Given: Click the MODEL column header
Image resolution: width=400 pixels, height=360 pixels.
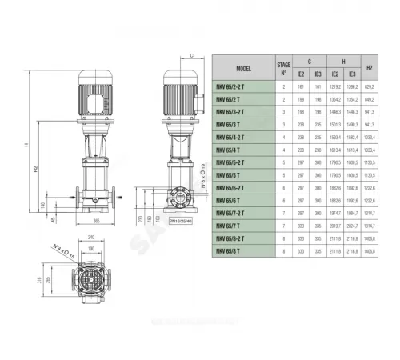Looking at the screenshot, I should pyautogui.click(x=245, y=68).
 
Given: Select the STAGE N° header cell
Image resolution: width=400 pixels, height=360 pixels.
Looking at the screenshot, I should pyautogui.click(x=283, y=68).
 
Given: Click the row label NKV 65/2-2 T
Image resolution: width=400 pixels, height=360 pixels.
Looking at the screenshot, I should pyautogui.click(x=240, y=86).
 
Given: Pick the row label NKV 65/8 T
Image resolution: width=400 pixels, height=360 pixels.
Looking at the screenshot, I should pyautogui.click(x=237, y=250).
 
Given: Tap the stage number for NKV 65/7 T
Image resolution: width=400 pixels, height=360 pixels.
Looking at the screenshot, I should pyautogui.click(x=283, y=226).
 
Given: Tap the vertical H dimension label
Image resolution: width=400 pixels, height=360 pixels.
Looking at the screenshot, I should pyautogui.click(x=26, y=145).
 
